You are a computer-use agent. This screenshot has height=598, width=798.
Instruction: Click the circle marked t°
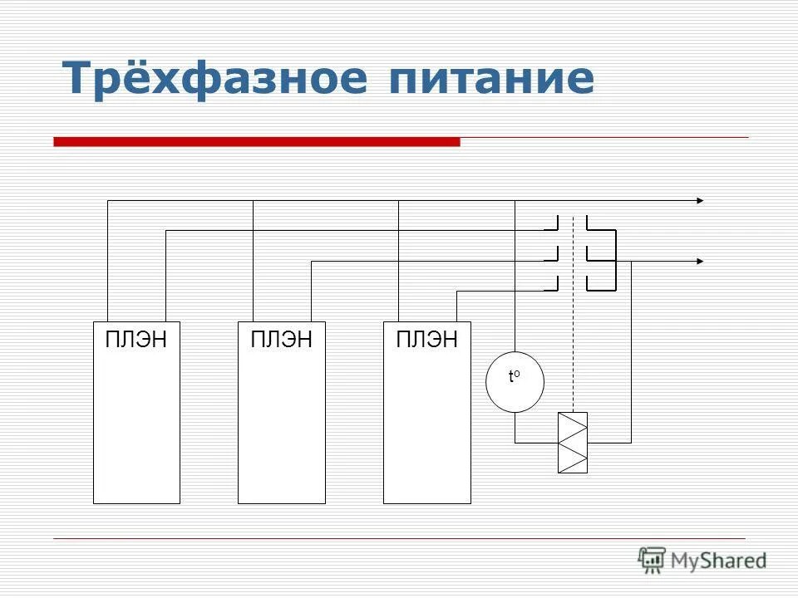tap(515, 382)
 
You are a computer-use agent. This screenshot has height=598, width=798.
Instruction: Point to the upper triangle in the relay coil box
tap(572, 427)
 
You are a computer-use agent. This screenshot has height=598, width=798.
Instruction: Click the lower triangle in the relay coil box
tap(572, 458)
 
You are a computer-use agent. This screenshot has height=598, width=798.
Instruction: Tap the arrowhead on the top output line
tap(700, 201)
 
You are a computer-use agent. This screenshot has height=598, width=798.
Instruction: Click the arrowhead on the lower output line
tap(700, 262)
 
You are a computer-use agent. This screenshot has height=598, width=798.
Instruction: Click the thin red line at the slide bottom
tap(399, 539)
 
